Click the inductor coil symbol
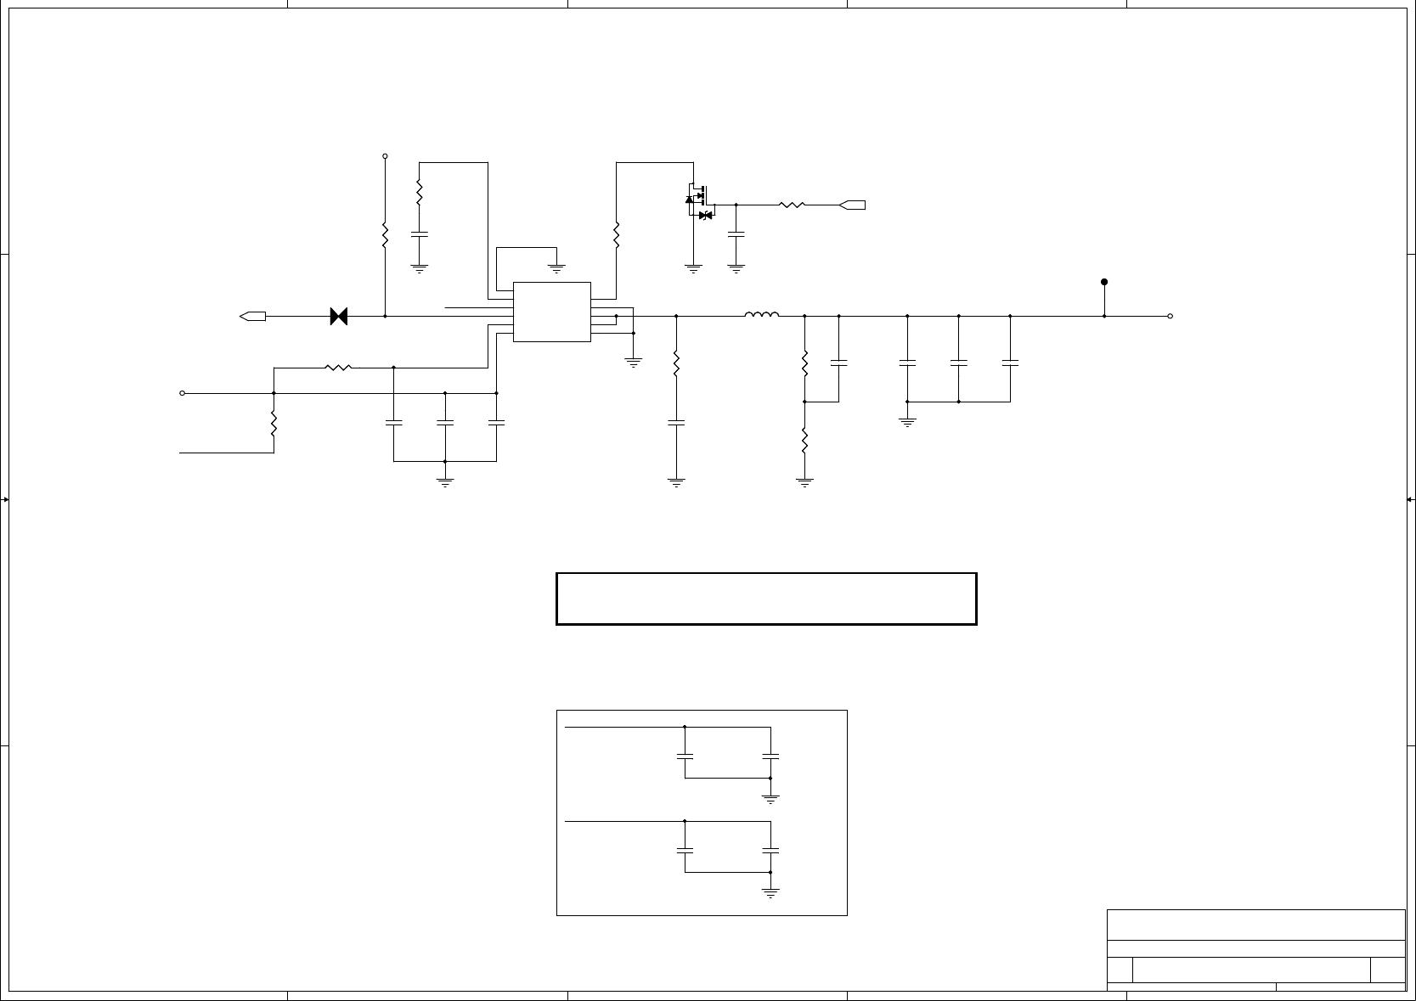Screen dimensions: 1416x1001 762,316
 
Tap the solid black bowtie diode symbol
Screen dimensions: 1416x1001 339,316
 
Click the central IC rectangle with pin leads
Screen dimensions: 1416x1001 552,312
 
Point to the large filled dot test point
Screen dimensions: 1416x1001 1104,282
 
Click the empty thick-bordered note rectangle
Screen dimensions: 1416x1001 766,599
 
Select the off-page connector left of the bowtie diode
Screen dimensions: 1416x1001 253,316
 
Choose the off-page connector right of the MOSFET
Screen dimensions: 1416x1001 852,205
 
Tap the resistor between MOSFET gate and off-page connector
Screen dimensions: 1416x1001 791,205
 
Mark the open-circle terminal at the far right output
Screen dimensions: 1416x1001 1171,316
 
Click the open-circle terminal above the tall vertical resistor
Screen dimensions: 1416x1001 385,156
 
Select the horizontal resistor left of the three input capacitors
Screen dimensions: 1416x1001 339,368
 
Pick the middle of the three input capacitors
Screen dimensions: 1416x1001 445,422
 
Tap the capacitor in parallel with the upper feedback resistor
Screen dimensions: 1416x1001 838,363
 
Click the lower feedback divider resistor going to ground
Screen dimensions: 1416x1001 804,441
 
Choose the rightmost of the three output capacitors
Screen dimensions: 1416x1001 1010,363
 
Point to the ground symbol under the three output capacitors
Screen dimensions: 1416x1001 907,420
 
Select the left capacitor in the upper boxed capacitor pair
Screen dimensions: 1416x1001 685,755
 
